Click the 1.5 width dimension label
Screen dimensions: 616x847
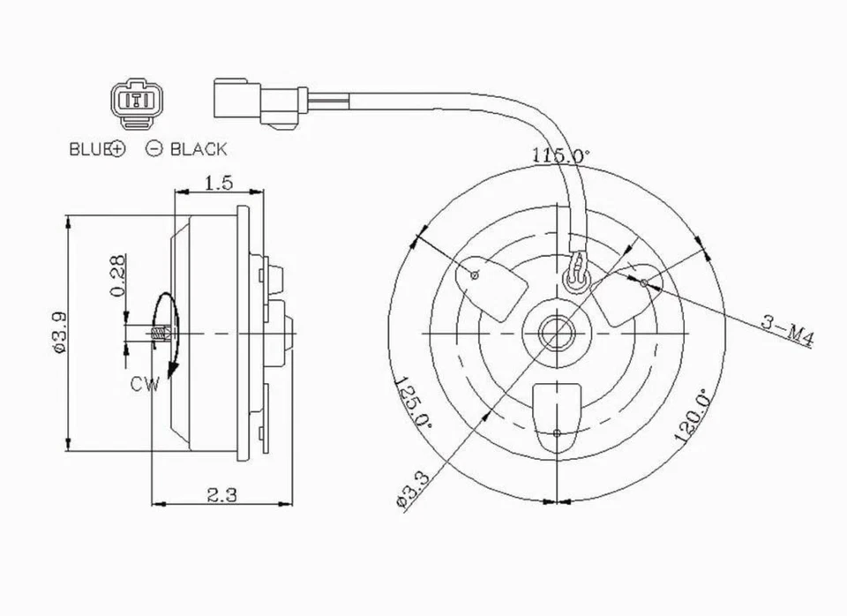pyautogui.click(x=218, y=183)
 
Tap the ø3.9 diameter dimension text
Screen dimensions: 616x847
pyautogui.click(x=59, y=332)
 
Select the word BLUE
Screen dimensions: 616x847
pyautogui.click(x=88, y=149)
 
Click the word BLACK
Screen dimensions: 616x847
pyautogui.click(x=198, y=149)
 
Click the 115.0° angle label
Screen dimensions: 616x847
pyautogui.click(x=560, y=154)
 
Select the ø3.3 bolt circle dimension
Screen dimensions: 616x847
pyautogui.click(x=412, y=490)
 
